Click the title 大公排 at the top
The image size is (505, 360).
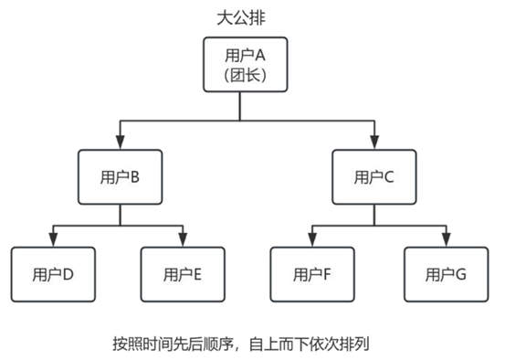(x=240, y=16)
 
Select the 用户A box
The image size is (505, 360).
(x=240, y=65)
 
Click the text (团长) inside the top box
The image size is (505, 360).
(x=240, y=76)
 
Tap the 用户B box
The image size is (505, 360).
(x=121, y=176)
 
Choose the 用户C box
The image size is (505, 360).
(x=374, y=176)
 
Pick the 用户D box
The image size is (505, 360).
(x=54, y=272)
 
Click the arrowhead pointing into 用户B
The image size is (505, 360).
(x=121, y=143)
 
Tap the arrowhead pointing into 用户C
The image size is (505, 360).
(x=374, y=143)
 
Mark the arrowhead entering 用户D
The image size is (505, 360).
(x=54, y=239)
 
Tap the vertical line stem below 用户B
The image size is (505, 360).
(x=121, y=214)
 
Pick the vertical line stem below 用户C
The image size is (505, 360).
(x=374, y=214)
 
